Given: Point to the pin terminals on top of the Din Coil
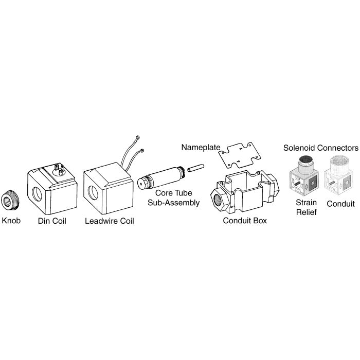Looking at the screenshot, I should tap(58, 169).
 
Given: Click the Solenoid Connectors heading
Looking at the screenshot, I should tap(320, 148).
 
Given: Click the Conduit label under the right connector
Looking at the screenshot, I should tap(341, 204).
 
